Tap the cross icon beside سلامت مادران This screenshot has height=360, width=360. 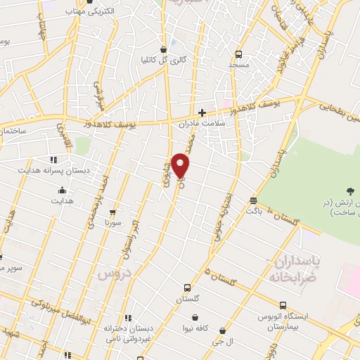(202, 112)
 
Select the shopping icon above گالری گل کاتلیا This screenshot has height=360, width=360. (164, 49)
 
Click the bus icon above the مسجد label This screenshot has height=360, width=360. (238, 54)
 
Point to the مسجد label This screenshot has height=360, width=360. (238, 65)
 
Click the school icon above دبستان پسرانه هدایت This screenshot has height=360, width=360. (53, 160)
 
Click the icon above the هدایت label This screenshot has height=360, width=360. (62, 190)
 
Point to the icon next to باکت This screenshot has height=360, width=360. (252, 200)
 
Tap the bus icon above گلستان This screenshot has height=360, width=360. (187, 288)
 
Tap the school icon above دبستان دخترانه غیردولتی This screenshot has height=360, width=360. (127, 318)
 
